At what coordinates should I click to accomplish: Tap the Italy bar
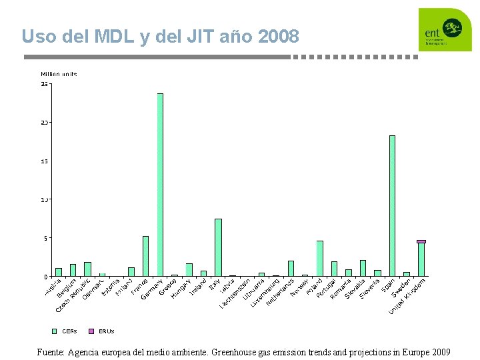point(218,247)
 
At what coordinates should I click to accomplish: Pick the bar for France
point(145,256)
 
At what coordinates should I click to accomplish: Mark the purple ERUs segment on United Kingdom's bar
point(421,241)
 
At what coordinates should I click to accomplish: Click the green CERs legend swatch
point(55,331)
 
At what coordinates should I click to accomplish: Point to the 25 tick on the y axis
point(44,85)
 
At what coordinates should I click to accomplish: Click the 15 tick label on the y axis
point(44,161)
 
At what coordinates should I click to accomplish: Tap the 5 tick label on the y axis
point(45,238)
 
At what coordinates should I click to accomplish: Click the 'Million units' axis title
point(59,74)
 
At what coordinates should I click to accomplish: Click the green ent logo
point(444,30)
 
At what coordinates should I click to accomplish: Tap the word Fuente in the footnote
point(51,352)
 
